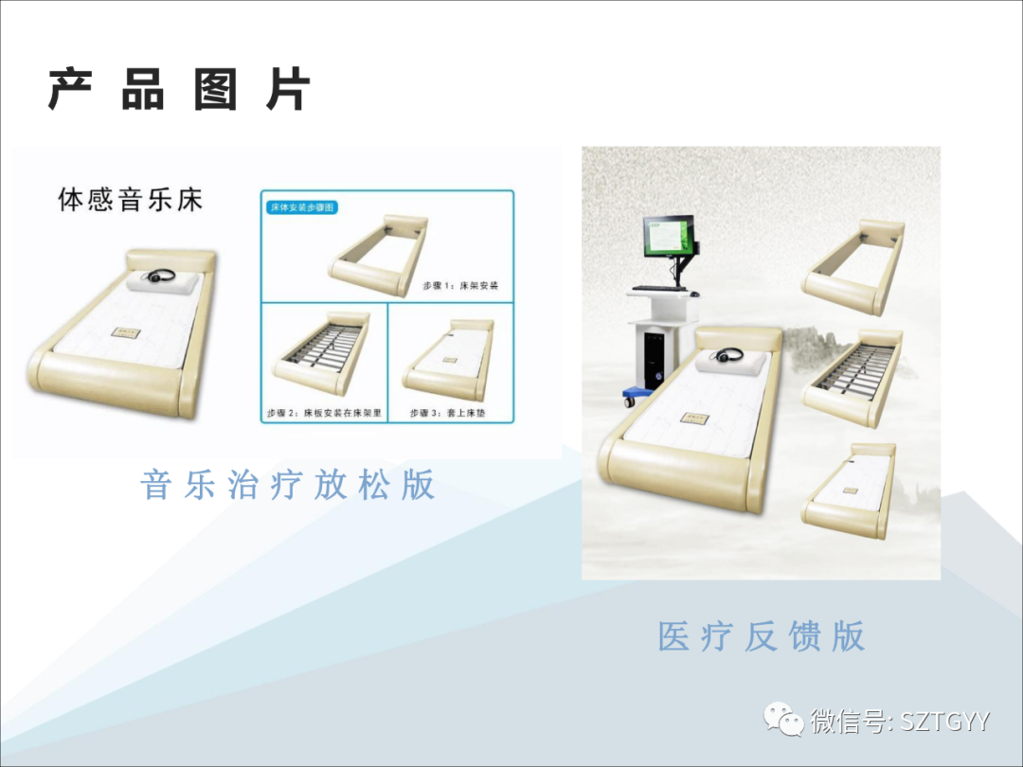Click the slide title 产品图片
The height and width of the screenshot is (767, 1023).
[179, 91]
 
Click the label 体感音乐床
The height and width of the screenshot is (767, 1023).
[130, 201]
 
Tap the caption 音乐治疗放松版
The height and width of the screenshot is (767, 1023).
[288, 485]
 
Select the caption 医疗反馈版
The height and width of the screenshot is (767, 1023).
[762, 636]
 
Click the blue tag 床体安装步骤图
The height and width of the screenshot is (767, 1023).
[301, 206]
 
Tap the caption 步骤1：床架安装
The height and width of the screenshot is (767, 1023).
[460, 284]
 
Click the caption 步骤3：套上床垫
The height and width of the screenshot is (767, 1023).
[448, 414]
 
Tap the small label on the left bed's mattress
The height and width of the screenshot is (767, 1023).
[124, 330]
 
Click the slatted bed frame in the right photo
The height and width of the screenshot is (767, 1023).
[852, 375]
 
